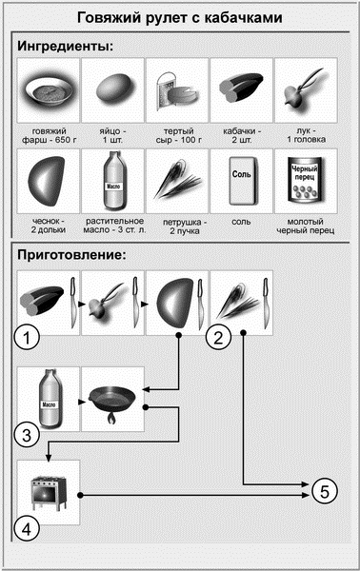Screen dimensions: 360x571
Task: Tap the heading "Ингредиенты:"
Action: click(x=66, y=47)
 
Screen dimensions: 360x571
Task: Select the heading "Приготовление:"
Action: click(x=71, y=255)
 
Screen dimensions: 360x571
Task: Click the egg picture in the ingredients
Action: click(x=113, y=89)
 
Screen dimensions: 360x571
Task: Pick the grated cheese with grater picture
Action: click(x=177, y=90)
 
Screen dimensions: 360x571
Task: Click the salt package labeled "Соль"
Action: click(x=242, y=181)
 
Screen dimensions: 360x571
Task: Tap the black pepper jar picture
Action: click(x=306, y=180)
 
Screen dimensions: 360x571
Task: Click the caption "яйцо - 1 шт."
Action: click(x=112, y=135)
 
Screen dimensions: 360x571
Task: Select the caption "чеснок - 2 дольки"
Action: click(x=49, y=226)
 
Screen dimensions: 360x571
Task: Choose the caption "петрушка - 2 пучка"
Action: click(x=185, y=226)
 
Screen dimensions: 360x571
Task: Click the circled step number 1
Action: click(x=27, y=337)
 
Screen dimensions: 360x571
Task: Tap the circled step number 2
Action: click(x=218, y=337)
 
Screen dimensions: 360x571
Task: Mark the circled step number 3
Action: click(x=27, y=435)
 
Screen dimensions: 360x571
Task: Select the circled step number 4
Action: click(x=27, y=529)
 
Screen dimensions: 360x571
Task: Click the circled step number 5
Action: click(x=325, y=492)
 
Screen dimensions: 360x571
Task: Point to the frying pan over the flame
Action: click(x=112, y=404)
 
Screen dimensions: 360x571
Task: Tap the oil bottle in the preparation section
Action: click(x=50, y=399)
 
